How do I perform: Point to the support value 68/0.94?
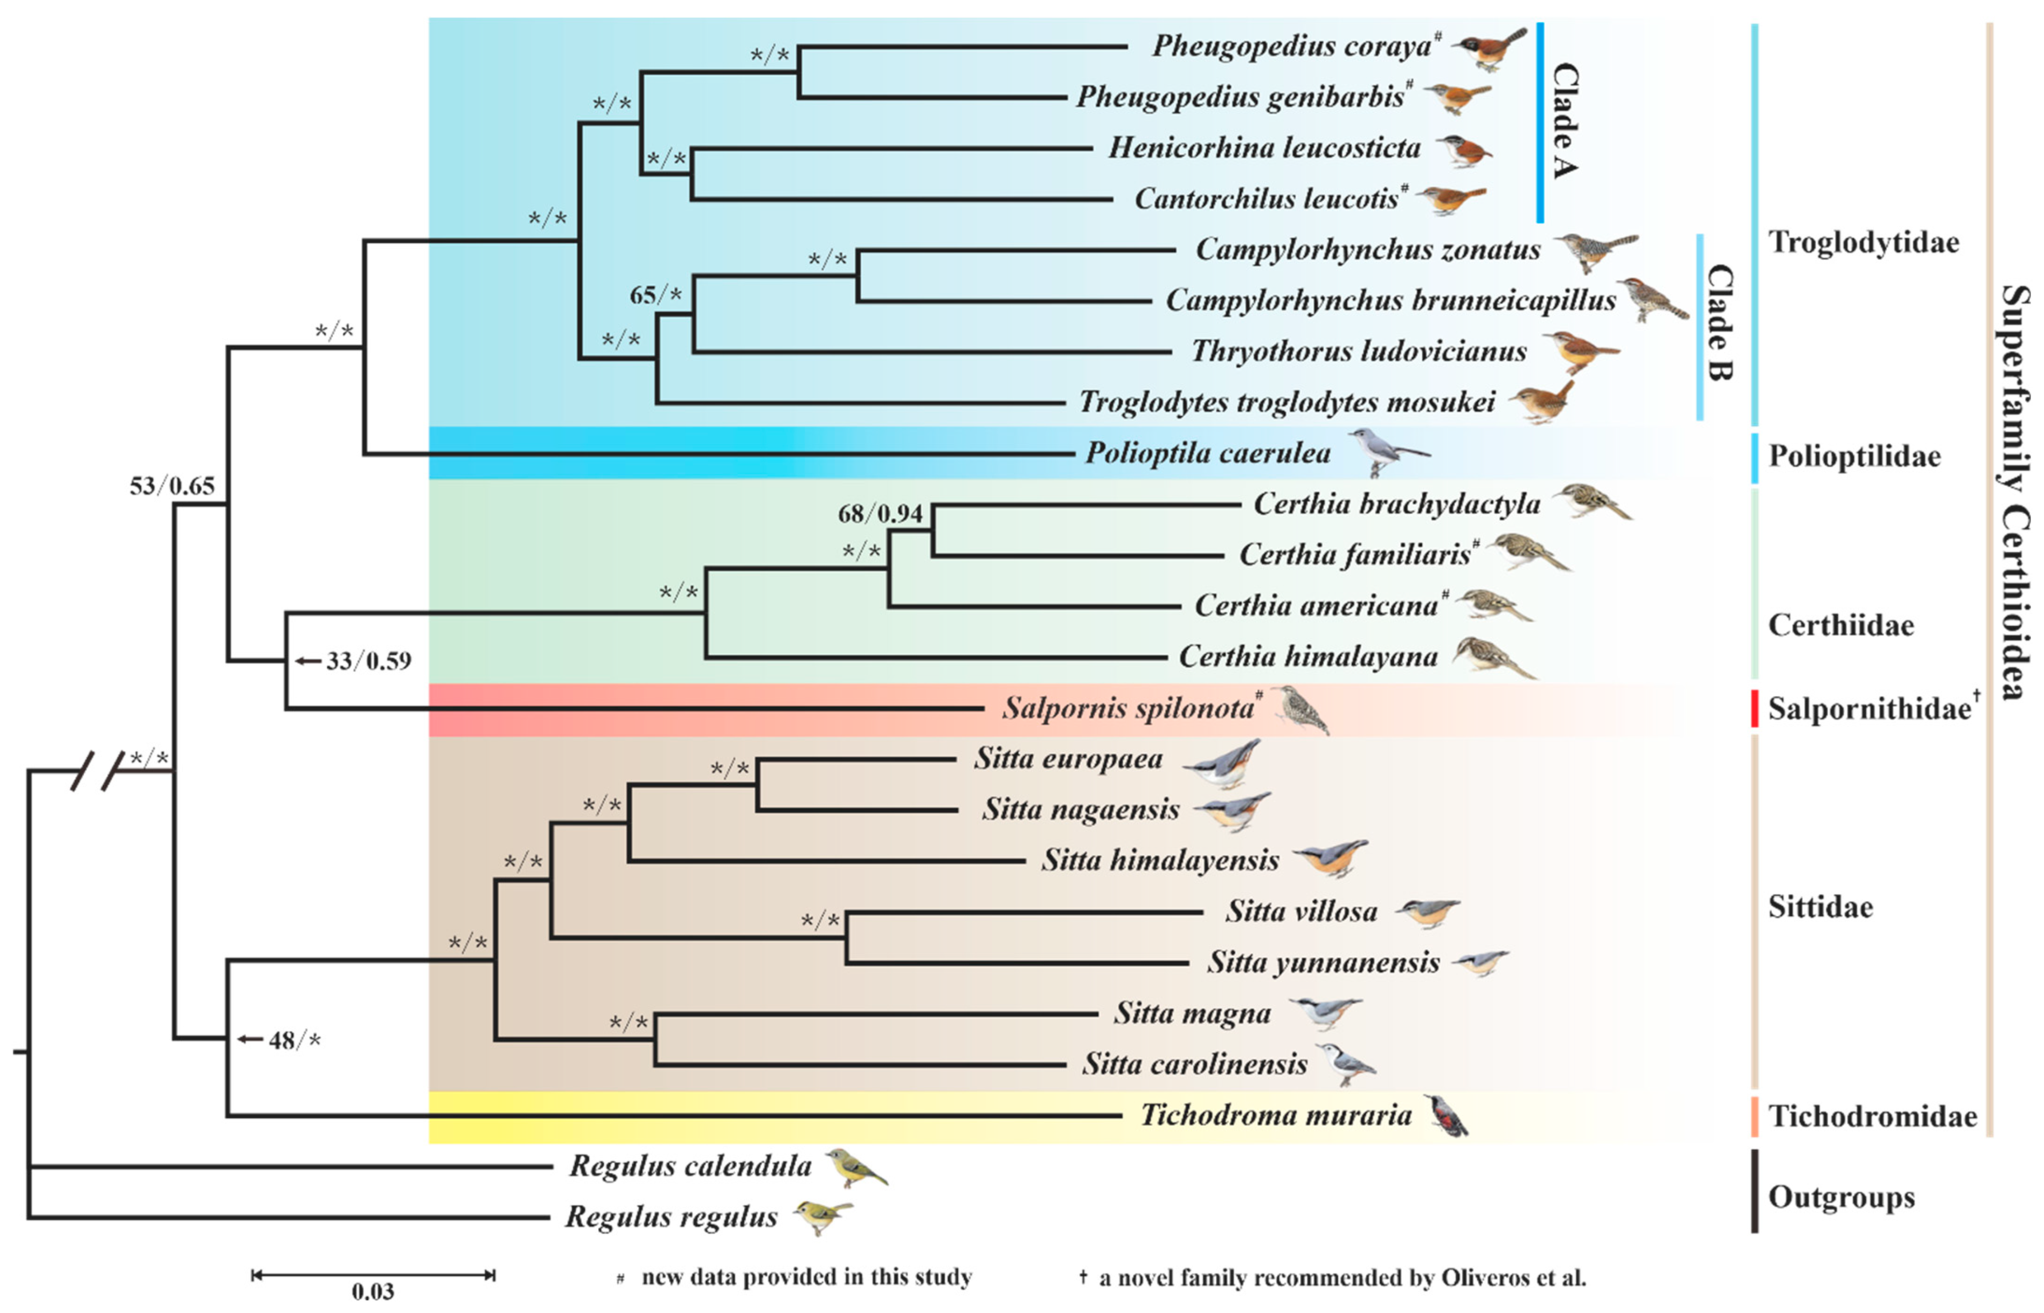pyautogui.click(x=880, y=513)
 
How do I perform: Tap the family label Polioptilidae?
pyautogui.click(x=1854, y=456)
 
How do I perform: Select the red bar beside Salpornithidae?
pyautogui.click(x=1754, y=709)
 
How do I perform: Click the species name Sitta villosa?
pyautogui.click(x=1301, y=912)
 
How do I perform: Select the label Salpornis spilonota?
pyautogui.click(x=1127, y=708)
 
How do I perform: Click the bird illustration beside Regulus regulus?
pyautogui.click(x=821, y=1216)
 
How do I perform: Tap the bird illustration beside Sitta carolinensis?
pyautogui.click(x=1345, y=1064)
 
